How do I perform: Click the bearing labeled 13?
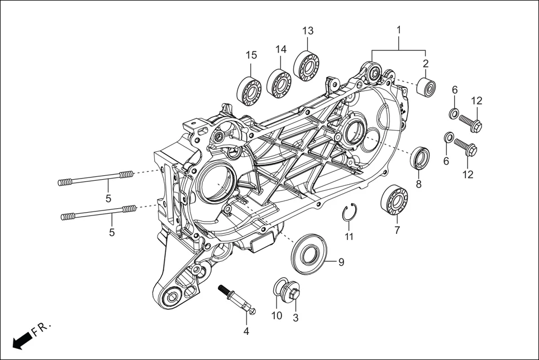306,65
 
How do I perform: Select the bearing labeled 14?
279,82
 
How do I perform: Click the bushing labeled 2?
426,88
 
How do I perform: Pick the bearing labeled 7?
394,199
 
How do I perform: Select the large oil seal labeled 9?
307,255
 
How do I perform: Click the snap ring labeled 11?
349,213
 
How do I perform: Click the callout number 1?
399,28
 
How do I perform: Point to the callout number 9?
341,261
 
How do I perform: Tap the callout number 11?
349,237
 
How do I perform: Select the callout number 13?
308,31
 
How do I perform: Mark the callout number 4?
246,331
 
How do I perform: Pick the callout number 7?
397,230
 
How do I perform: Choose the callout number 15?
251,55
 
